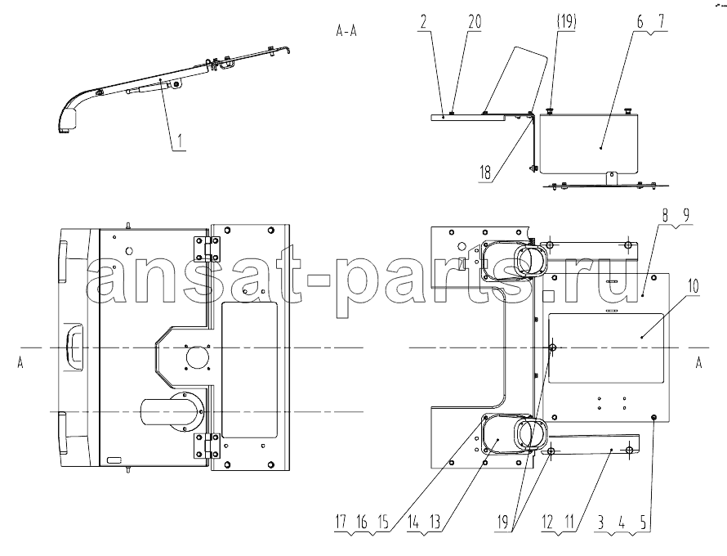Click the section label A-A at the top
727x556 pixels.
tap(346, 31)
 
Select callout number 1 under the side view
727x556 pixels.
tap(181, 140)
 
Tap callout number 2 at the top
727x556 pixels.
tap(424, 22)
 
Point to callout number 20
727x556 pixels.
tap(475, 22)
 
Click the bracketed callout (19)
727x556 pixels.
tap(565, 22)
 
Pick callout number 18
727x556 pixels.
tap(485, 173)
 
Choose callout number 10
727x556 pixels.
tap(693, 286)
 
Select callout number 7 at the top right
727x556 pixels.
tap(661, 22)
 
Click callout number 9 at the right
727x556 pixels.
tap(686, 215)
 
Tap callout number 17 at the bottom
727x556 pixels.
tap(341, 522)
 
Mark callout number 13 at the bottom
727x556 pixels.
tap(435, 522)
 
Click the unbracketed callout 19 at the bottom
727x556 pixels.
tap(502, 522)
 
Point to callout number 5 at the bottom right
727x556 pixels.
tap(644, 522)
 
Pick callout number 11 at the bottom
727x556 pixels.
tap(569, 522)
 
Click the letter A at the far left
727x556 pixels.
tap(20, 363)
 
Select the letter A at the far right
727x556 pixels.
tap(699, 363)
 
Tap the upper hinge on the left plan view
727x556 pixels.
tap(207, 249)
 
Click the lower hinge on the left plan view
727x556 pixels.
tap(207, 446)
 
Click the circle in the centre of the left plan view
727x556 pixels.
tap(198, 357)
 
